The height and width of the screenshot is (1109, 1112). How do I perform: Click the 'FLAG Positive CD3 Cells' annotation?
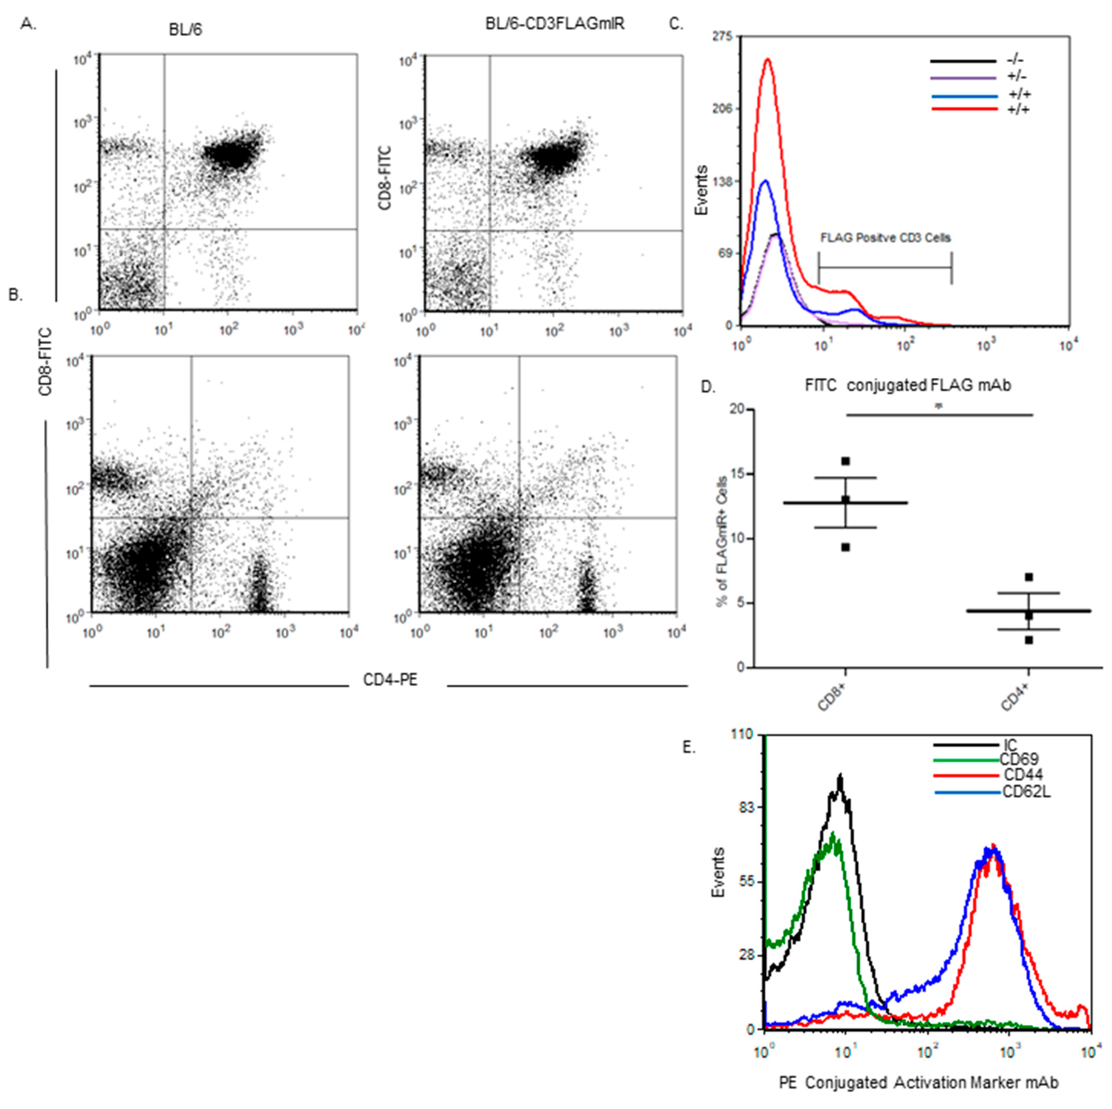pos(885,238)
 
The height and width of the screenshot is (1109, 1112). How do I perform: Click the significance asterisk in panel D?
pos(939,406)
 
